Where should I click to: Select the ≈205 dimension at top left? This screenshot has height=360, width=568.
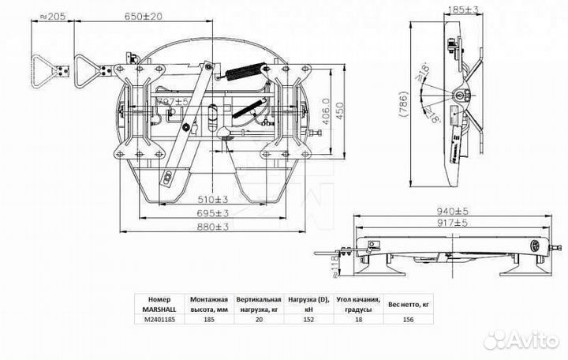53,15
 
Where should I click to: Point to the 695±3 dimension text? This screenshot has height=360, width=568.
213,214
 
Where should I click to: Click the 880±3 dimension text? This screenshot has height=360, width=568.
213,227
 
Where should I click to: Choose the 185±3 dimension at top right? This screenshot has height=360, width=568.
455,10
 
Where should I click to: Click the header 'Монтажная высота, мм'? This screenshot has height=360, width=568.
209,306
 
